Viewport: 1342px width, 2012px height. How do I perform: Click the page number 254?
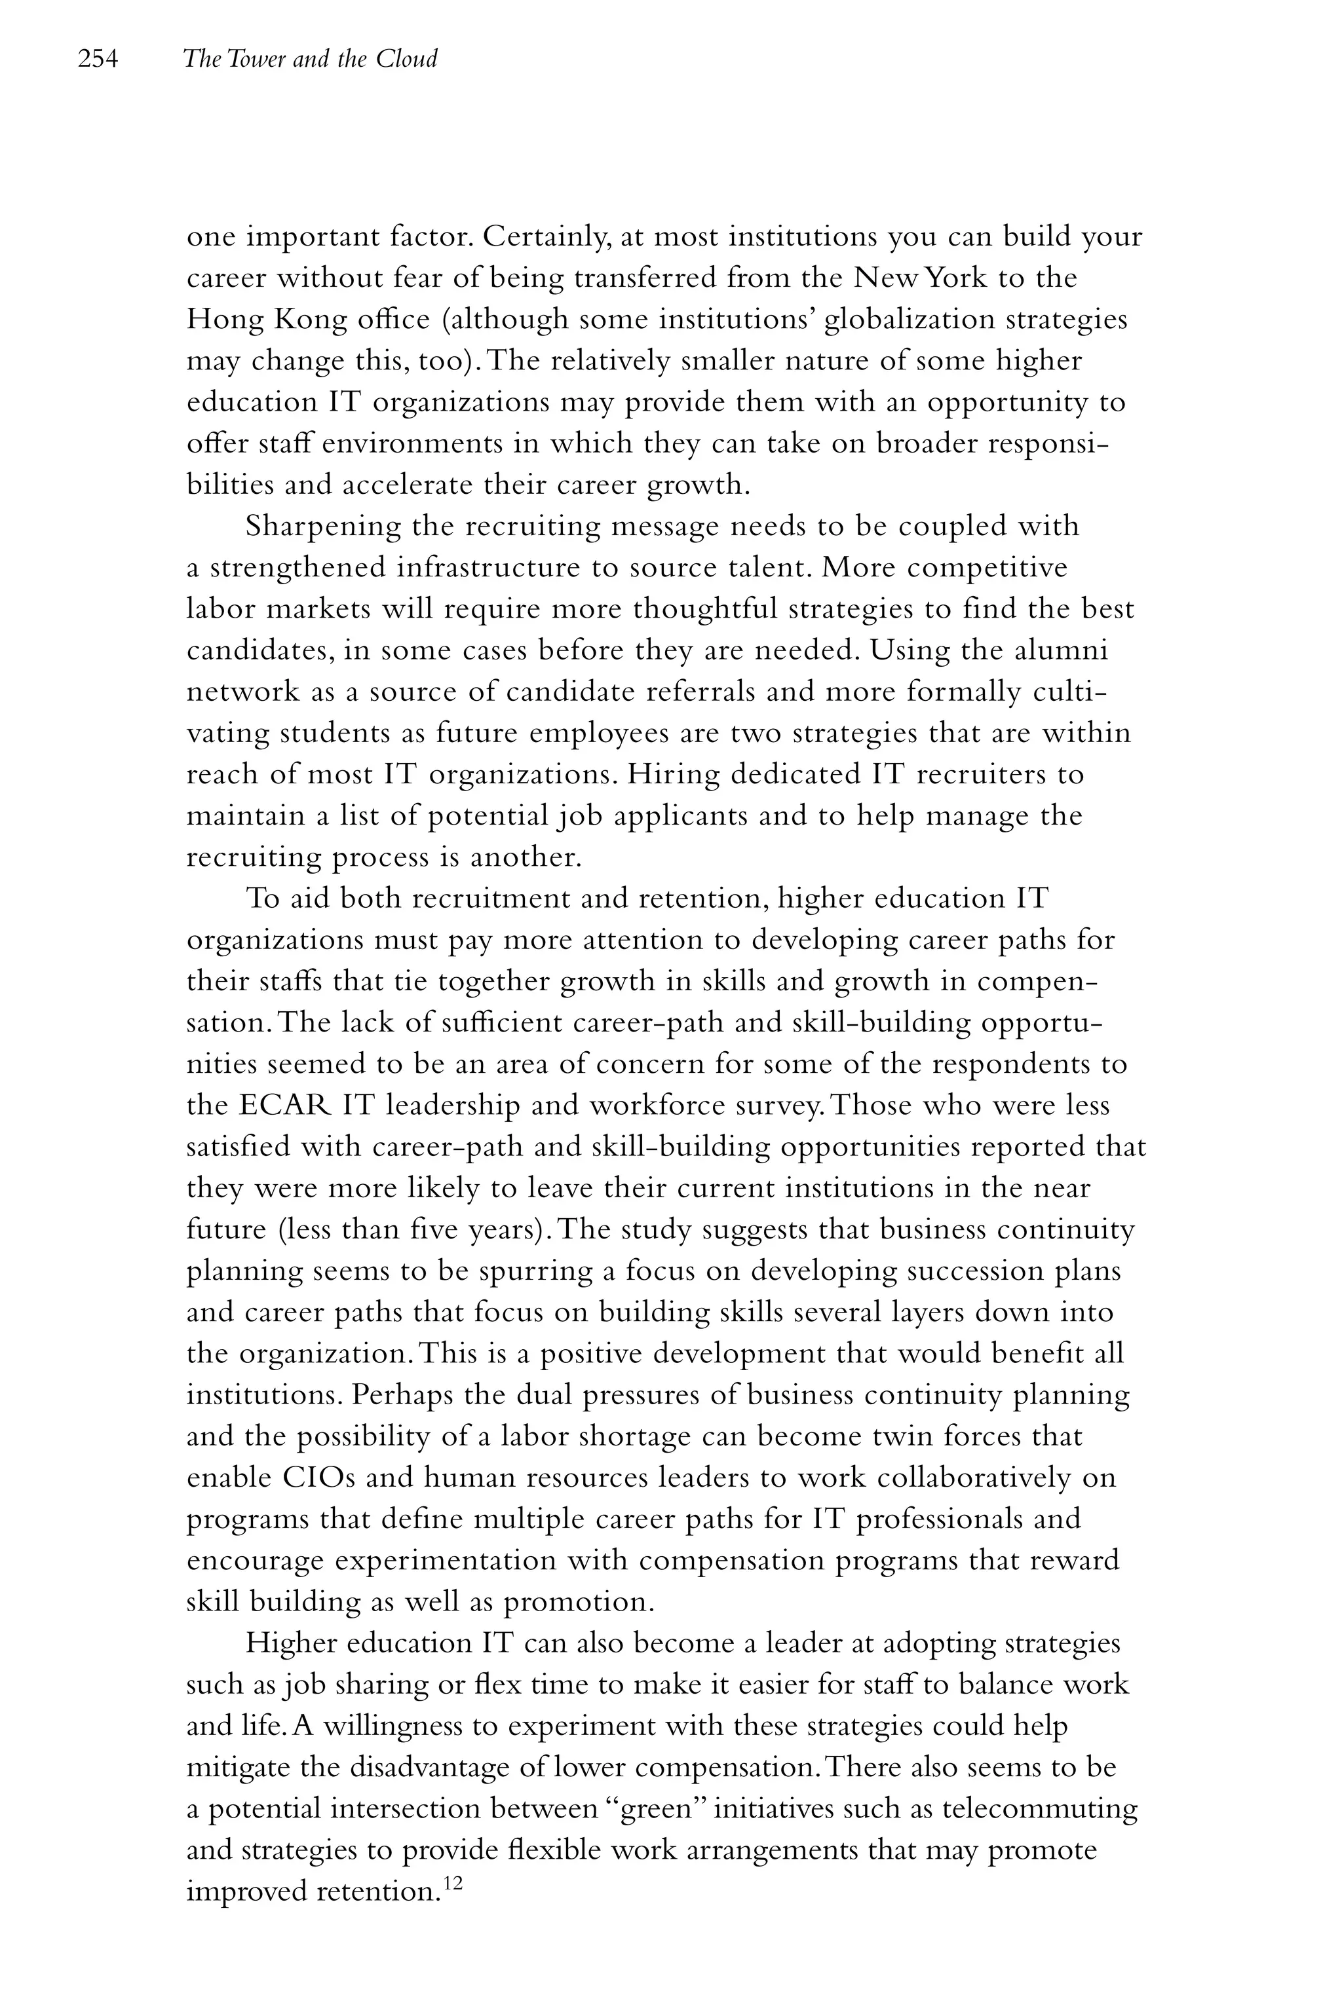(97, 59)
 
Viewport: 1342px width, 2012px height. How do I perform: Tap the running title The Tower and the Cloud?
(310, 59)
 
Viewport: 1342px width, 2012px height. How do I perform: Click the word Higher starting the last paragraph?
(293, 1644)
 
